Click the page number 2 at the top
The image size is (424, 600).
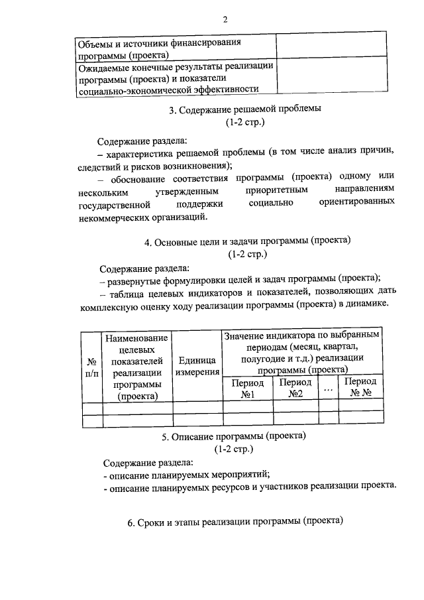click(x=225, y=20)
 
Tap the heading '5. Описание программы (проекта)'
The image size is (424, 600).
click(x=233, y=437)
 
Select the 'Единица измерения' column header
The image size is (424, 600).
click(x=197, y=366)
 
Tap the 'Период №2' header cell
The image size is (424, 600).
click(x=295, y=389)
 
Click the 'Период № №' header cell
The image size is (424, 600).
click(x=360, y=389)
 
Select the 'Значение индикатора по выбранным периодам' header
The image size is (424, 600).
click(x=303, y=353)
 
